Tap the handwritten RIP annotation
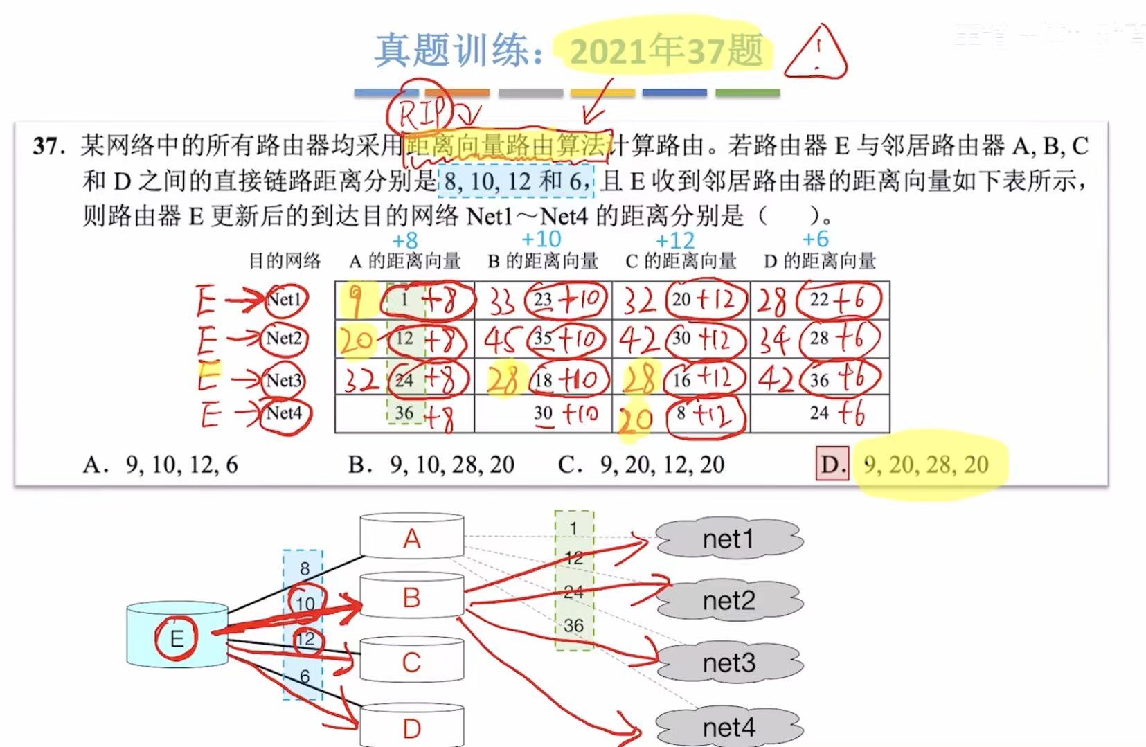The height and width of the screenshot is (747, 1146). [422, 111]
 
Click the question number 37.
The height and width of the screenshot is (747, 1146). [48, 146]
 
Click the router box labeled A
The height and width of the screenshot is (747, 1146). [412, 538]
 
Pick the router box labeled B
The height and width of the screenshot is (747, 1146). [411, 597]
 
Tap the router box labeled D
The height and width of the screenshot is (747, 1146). [411, 727]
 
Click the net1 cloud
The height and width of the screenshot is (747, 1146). [728, 539]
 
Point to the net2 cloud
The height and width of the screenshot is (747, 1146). [728, 600]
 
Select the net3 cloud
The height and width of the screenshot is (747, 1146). [728, 663]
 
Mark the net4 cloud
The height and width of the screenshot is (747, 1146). [728, 727]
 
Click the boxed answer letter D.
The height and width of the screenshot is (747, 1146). [832, 464]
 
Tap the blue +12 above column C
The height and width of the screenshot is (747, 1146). [674, 241]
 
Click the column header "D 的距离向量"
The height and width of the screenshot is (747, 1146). [820, 262]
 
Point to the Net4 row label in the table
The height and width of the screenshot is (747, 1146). [284, 413]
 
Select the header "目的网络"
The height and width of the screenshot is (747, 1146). [285, 261]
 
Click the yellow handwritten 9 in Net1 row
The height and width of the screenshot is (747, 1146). [355, 300]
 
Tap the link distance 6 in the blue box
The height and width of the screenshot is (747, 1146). [305, 676]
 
